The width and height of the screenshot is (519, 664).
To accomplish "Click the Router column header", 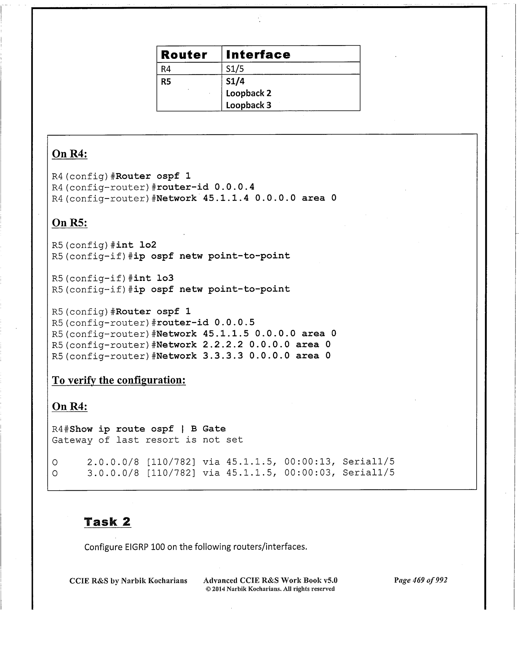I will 184,55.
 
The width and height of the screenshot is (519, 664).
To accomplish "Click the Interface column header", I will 258,55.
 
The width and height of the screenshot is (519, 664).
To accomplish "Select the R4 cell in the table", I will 166,69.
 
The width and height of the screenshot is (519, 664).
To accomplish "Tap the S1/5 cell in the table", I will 235,69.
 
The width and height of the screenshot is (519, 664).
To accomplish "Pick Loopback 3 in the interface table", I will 248,105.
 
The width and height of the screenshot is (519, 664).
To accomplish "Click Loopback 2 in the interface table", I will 248,93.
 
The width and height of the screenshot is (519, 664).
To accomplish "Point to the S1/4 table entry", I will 235,81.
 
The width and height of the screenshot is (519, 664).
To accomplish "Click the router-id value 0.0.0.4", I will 234,187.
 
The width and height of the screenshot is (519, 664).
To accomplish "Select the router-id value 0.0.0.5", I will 234,323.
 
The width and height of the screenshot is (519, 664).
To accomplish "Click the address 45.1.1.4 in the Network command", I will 226,198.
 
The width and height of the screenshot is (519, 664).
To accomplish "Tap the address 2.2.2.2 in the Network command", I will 223,345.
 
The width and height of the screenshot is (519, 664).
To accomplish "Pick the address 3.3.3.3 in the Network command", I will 223,356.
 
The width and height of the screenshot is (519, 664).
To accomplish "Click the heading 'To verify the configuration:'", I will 119,380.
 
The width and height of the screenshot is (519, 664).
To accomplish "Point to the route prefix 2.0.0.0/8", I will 113,462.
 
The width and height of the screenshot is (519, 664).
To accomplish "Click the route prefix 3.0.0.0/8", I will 113,473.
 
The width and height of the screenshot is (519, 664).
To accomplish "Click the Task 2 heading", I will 107,522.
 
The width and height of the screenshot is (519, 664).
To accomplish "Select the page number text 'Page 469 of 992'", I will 421,580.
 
